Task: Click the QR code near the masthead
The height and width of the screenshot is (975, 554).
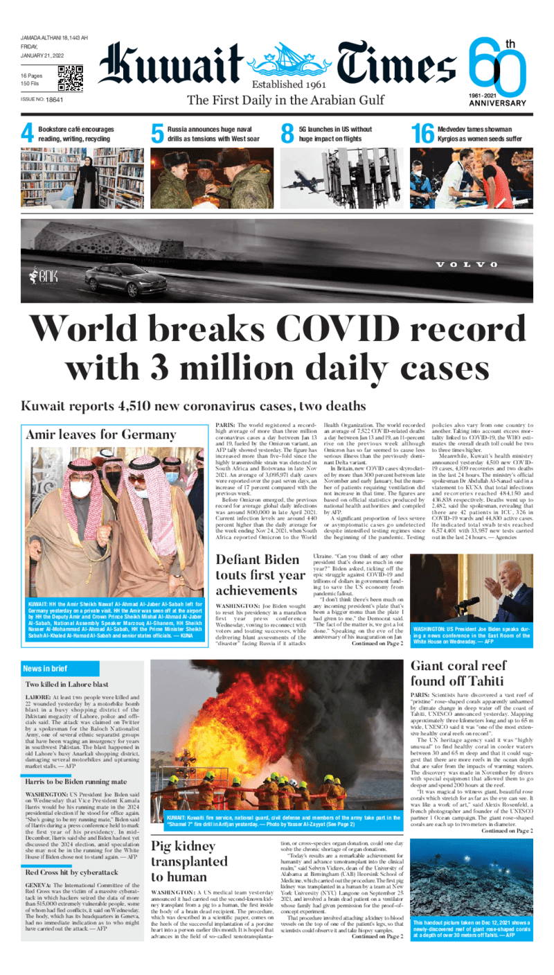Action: pyautogui.click(x=70, y=78)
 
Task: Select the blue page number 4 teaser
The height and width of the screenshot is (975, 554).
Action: pyautogui.click(x=28, y=134)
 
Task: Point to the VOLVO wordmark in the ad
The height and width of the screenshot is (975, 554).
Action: pyautogui.click(x=465, y=265)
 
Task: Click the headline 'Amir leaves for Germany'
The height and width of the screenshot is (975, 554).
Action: pyautogui.click(x=101, y=434)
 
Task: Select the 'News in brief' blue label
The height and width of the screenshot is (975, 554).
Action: pyautogui.click(x=45, y=669)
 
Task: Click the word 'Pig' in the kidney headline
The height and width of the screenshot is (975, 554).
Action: pyautogui.click(x=167, y=866)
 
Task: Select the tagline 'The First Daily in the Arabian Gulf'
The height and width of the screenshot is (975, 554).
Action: pyautogui.click(x=285, y=100)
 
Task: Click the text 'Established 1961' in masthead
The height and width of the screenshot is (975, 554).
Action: pyautogui.click(x=284, y=84)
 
